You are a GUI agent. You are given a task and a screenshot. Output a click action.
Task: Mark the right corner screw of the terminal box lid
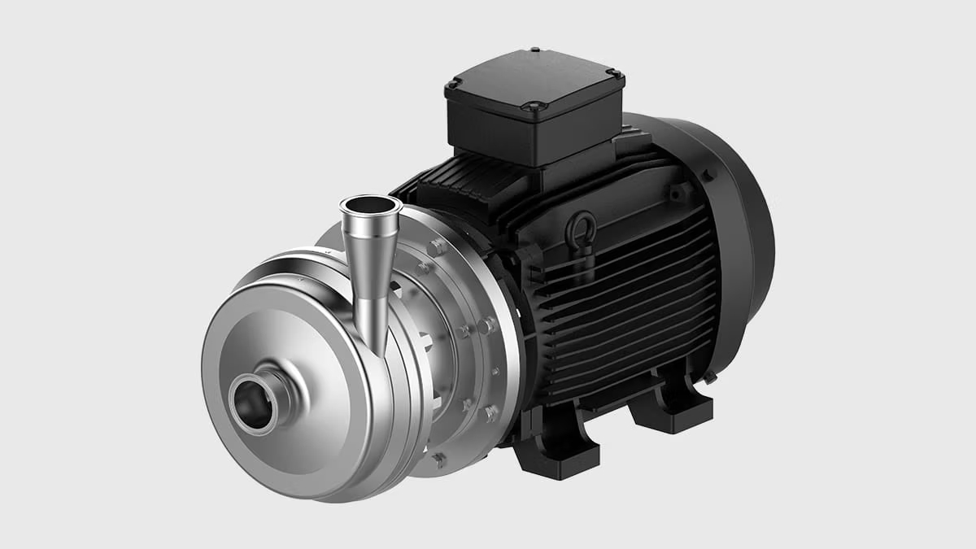614,74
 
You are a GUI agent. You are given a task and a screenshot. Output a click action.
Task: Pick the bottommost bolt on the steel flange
440,460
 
